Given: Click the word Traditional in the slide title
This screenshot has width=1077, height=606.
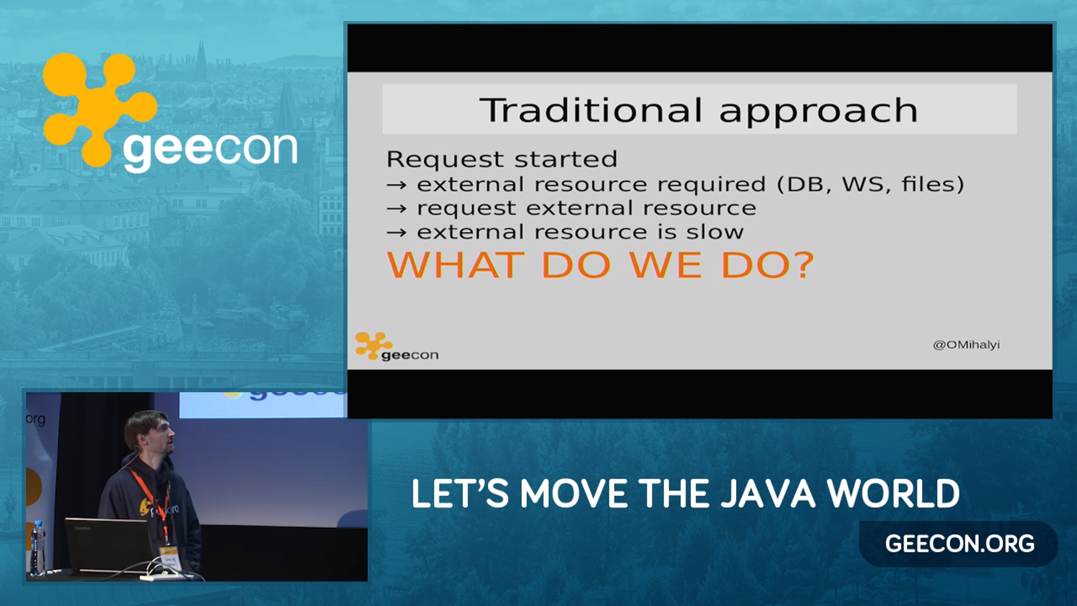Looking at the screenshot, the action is (x=591, y=110).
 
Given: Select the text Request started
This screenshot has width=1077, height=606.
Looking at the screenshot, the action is (x=502, y=159).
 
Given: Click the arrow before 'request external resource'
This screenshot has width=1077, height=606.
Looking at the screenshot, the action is (x=397, y=209).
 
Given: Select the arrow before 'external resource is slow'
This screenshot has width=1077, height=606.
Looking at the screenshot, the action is (x=397, y=233).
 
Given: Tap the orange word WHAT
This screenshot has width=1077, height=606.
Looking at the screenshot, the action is (x=455, y=265).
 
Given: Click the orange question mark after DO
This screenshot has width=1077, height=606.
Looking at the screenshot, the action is (x=802, y=265).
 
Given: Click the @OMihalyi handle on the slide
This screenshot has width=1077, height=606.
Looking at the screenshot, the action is (x=966, y=345).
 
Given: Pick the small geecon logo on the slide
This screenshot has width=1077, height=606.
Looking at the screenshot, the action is (x=396, y=347).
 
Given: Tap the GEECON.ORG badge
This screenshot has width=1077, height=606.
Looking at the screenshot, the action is (x=959, y=544).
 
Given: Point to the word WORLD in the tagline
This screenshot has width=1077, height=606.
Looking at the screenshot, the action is (x=893, y=494).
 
